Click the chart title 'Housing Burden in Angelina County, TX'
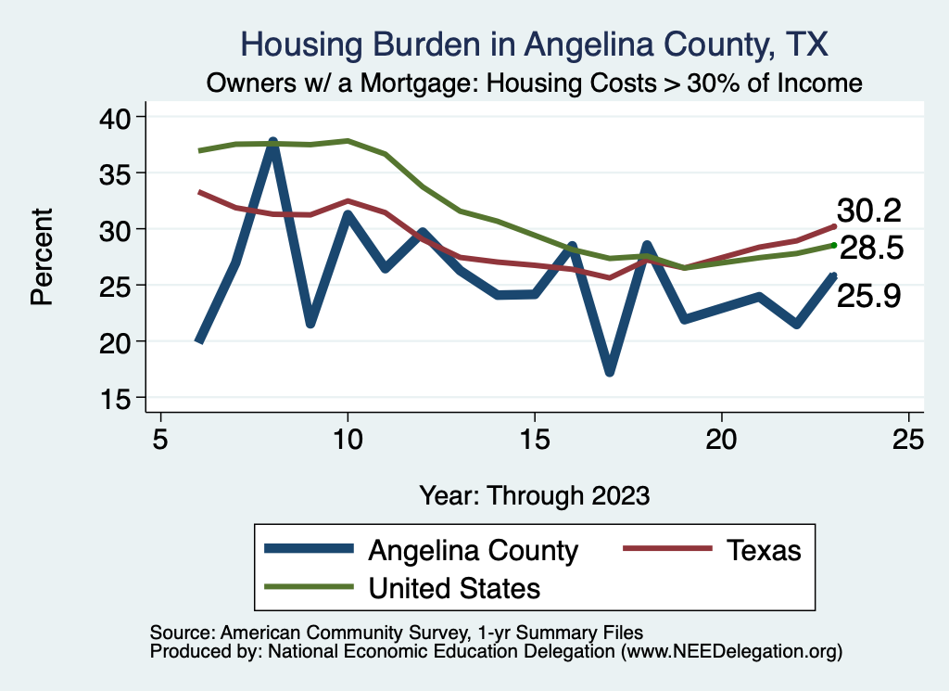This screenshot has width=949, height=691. (x=534, y=45)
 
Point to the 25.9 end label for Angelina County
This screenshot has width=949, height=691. (x=868, y=296)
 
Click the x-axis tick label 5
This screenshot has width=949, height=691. (x=160, y=438)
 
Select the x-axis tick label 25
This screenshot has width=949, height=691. (x=908, y=438)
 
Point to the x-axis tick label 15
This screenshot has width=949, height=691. (x=534, y=438)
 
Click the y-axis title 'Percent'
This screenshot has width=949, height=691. (x=41, y=257)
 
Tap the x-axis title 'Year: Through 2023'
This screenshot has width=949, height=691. (x=534, y=493)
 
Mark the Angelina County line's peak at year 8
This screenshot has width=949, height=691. (x=272, y=143)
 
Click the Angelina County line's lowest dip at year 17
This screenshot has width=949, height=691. (x=609, y=371)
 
